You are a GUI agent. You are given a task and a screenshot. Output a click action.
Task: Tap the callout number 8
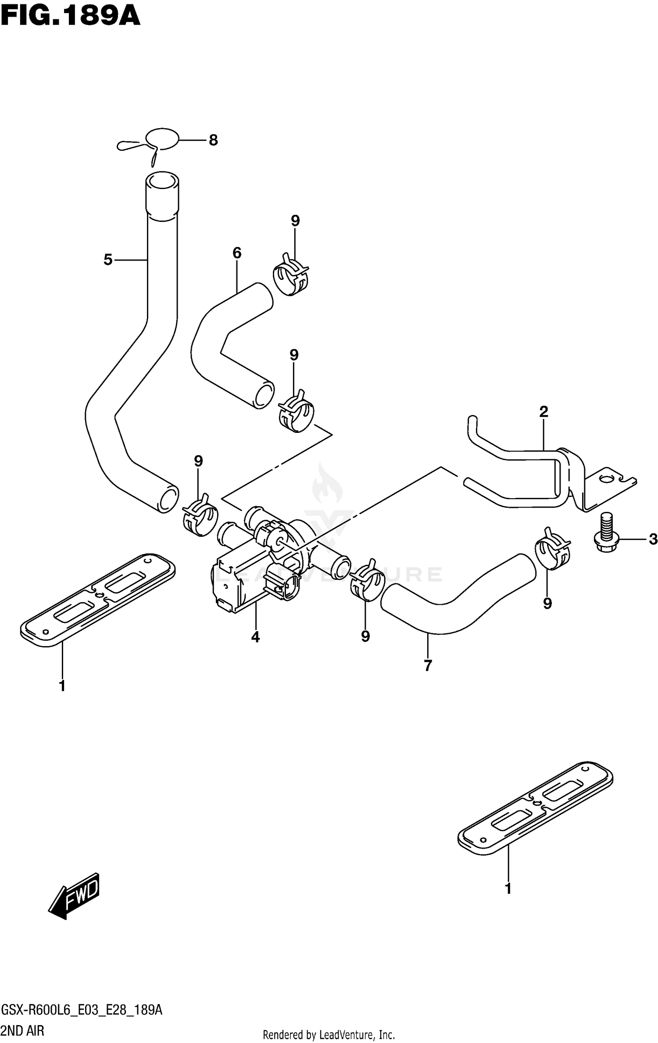point(213,140)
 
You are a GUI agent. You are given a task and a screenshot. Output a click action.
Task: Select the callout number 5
point(108,260)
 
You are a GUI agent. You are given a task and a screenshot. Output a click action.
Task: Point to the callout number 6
point(237,253)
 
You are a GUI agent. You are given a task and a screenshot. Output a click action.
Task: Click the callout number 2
point(544,411)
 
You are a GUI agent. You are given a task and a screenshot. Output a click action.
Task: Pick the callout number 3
point(653,539)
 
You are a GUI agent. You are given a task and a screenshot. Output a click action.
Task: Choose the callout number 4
point(255,636)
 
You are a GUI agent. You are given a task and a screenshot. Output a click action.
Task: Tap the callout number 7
point(428,665)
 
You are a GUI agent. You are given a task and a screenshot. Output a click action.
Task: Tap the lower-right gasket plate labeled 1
point(535,807)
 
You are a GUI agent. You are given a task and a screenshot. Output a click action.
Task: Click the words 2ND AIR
point(23,1027)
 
